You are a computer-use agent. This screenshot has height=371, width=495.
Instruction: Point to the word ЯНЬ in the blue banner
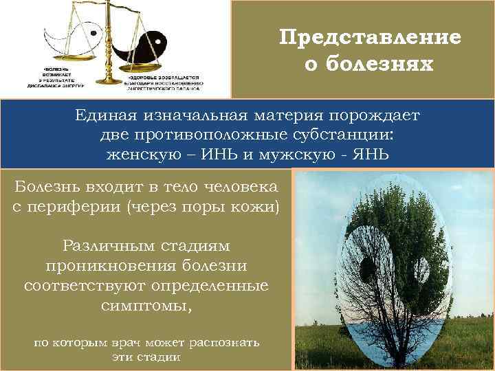[370, 154]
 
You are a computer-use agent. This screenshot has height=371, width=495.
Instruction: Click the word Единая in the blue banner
[107, 115]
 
